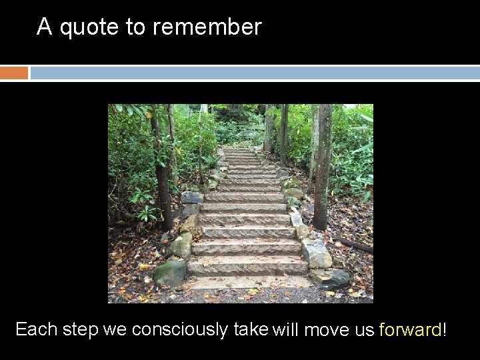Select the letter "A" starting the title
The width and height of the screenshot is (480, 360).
[x=44, y=27]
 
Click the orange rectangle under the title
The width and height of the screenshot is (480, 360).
[x=14, y=73]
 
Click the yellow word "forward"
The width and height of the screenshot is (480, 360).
[x=410, y=330]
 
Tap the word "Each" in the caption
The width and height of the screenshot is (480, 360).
[x=36, y=329]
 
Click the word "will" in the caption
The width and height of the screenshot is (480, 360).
[x=285, y=330]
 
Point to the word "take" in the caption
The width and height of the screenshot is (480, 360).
[x=251, y=329]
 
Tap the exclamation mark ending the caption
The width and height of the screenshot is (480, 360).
[x=444, y=330]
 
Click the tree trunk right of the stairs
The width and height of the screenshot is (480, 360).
[x=322, y=167]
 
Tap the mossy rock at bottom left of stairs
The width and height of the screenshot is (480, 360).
[x=170, y=273]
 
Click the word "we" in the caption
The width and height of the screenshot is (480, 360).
[x=116, y=330]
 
